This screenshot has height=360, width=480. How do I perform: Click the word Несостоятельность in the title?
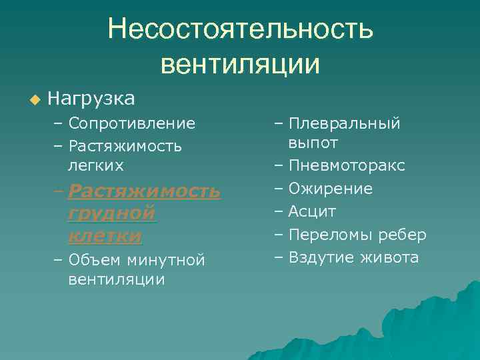(241, 29)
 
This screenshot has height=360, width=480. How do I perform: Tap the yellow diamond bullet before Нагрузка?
(35, 100)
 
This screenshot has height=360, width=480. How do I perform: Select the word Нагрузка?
(91, 99)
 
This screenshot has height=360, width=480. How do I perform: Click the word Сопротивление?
(131, 123)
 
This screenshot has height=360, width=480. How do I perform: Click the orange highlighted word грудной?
(111, 213)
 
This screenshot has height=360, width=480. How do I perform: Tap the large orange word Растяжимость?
(144, 191)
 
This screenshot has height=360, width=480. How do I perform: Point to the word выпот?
(313, 143)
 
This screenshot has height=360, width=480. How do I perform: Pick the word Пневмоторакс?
(346, 165)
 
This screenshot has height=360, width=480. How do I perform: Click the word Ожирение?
(330, 189)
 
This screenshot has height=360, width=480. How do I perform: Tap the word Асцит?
(312, 211)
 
